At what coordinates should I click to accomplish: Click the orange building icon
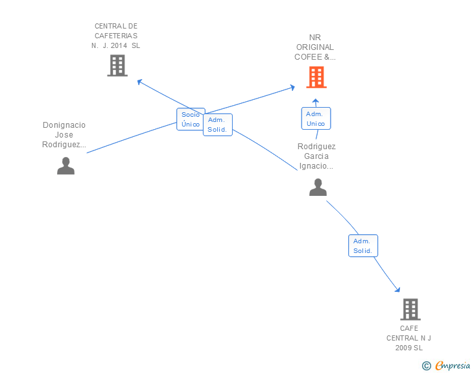click(316, 77)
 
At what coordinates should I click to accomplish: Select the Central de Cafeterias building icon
click(117, 66)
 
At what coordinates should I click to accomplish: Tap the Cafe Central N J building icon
click(410, 309)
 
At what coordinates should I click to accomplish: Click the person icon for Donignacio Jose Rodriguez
click(65, 165)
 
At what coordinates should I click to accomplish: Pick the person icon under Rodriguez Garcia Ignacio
click(318, 187)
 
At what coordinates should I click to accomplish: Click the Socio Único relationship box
click(191, 119)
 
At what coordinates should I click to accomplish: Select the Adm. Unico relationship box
click(316, 119)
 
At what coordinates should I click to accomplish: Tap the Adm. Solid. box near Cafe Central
click(363, 246)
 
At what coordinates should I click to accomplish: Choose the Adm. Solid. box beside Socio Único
click(218, 125)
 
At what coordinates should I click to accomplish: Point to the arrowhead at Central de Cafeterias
click(139, 82)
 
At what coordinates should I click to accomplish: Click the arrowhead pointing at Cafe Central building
click(397, 289)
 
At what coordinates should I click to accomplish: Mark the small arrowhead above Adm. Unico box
click(316, 101)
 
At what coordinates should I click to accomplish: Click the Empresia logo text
click(453, 365)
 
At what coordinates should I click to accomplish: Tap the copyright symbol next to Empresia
click(426, 366)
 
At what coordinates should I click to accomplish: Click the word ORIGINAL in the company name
click(315, 47)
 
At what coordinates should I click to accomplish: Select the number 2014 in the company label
click(119, 45)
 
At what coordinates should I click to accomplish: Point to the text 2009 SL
click(408, 348)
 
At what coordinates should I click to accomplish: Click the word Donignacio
click(64, 125)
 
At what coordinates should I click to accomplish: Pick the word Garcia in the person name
click(316, 156)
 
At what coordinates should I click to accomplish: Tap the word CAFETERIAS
click(116, 36)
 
